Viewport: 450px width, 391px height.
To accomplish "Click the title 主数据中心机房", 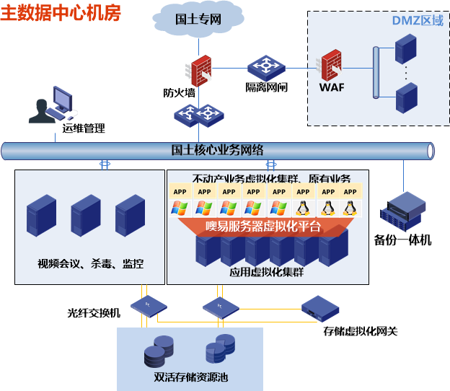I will click(x=61, y=13).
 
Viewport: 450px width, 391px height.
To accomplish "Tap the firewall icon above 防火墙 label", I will click(x=199, y=71).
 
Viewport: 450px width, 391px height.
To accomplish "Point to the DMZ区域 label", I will click(x=418, y=20).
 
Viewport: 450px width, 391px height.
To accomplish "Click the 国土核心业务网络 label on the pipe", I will click(x=217, y=150).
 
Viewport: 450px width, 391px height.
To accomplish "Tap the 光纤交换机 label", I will click(x=94, y=313).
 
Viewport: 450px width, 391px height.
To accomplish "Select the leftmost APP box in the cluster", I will click(x=180, y=192).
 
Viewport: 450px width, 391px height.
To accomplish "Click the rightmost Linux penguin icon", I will click(x=350, y=208).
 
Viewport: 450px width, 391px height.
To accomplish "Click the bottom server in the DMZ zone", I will click(x=407, y=97).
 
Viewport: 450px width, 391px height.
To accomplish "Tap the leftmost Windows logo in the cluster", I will click(x=180, y=208).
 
